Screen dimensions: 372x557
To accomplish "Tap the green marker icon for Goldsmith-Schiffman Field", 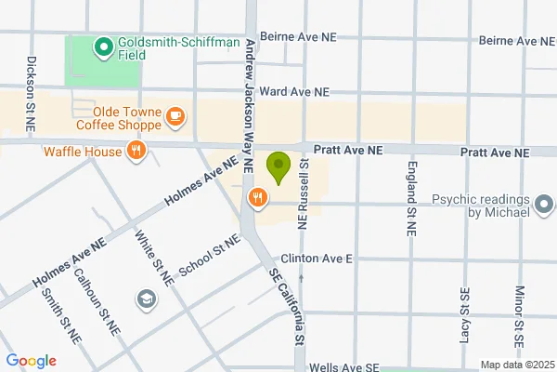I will coord(102,44).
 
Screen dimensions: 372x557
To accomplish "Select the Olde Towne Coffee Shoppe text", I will coord(118,117).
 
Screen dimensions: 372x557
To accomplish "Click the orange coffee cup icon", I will coord(175,116).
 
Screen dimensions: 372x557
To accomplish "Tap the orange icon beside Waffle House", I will coord(136,152).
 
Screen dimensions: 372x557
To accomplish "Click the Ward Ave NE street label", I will coord(294,92).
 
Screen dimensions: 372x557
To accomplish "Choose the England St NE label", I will coord(409,197).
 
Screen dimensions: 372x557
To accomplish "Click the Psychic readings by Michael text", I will coord(480,206).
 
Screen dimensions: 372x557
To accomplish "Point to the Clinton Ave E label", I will coord(322,258).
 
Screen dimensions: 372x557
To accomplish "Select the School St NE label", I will coord(209,254).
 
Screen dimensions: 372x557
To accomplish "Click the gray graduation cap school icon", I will coord(146,299).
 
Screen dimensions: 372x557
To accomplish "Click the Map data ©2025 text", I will coord(516,365).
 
